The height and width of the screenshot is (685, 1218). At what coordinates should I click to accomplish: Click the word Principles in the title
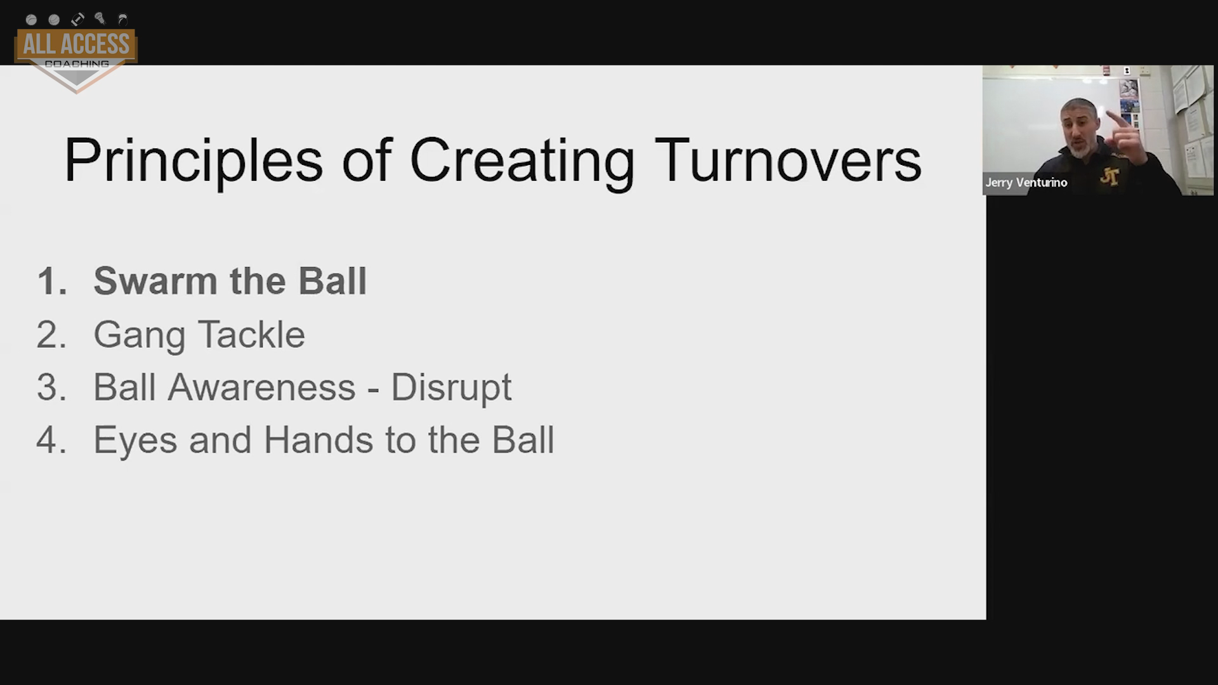(194, 161)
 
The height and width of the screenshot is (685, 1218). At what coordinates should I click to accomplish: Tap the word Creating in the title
(521, 161)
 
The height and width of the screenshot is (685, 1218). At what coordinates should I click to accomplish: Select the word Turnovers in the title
(787, 160)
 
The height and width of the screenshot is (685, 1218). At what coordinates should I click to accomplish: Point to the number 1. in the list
(52, 281)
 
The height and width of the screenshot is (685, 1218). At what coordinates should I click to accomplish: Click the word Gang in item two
(139, 336)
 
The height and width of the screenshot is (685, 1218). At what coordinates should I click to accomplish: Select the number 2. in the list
(51, 334)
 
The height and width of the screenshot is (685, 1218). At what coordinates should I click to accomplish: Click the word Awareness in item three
(261, 387)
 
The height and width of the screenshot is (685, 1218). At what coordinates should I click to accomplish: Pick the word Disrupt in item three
(451, 388)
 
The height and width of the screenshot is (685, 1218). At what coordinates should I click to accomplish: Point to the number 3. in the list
(51, 387)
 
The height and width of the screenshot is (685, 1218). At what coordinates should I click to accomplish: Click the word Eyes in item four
(135, 440)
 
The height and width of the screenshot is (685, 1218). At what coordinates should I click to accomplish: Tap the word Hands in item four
(318, 440)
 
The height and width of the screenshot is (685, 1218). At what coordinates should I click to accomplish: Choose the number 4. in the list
(51, 440)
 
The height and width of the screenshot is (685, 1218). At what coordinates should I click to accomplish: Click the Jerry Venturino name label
(1026, 183)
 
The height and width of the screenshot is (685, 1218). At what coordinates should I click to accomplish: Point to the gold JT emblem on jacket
(1110, 176)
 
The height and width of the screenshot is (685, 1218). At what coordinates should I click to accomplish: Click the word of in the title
(367, 160)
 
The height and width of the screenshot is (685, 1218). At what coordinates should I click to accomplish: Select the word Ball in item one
(332, 281)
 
